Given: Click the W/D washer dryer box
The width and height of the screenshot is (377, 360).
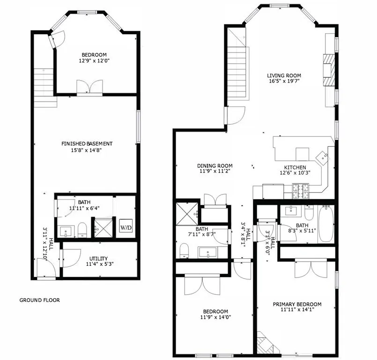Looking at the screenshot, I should tap(126, 228).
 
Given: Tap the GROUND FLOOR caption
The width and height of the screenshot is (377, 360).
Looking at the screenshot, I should tap(39, 300).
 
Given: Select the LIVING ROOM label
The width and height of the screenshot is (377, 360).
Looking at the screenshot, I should tap(284, 75).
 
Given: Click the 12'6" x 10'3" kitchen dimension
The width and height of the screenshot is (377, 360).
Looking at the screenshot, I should tap(295, 172).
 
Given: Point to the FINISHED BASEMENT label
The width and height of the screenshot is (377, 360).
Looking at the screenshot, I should tap(87, 143).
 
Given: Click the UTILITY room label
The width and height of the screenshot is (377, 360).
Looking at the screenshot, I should tap(99, 258).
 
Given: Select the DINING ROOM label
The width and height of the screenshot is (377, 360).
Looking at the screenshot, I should tap(214, 166).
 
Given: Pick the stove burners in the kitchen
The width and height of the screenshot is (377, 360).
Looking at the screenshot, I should tap(299, 190).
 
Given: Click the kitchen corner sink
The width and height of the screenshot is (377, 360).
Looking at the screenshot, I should tap(323, 157).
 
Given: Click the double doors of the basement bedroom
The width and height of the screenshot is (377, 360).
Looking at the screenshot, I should tap(89, 87).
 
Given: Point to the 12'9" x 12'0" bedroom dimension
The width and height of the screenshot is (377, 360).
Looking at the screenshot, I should tap(94, 60).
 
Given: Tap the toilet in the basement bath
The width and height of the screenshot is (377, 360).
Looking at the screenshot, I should tap(83, 230).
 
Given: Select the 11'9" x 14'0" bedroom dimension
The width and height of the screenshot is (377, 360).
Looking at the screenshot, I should tap(215, 317).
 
